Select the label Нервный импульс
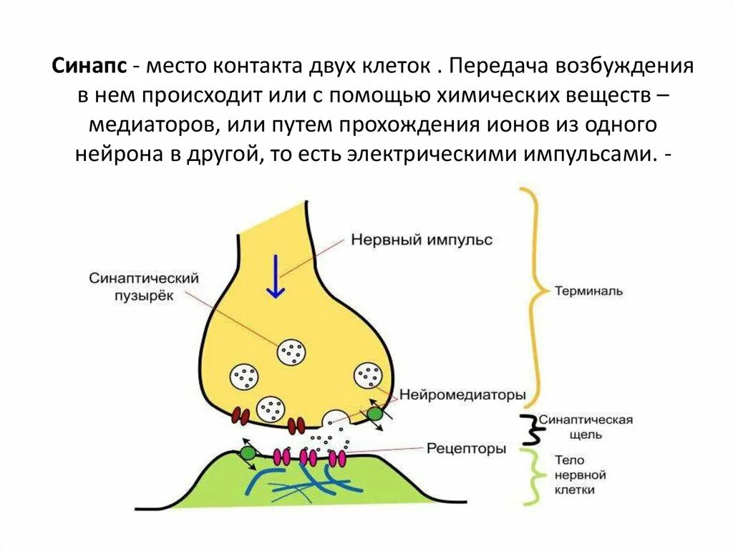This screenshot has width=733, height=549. [421, 240]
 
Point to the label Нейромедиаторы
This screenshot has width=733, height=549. [462, 394]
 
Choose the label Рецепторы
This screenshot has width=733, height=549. [466, 449]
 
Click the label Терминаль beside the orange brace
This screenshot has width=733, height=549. [588, 291]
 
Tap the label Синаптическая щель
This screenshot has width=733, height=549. [585, 427]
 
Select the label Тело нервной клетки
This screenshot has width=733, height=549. [581, 475]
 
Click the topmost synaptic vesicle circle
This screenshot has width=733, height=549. [293, 351]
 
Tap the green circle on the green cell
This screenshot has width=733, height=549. [248, 452]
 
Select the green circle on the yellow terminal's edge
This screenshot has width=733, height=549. [374, 414]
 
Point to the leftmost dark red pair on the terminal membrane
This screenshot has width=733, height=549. [240, 416]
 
